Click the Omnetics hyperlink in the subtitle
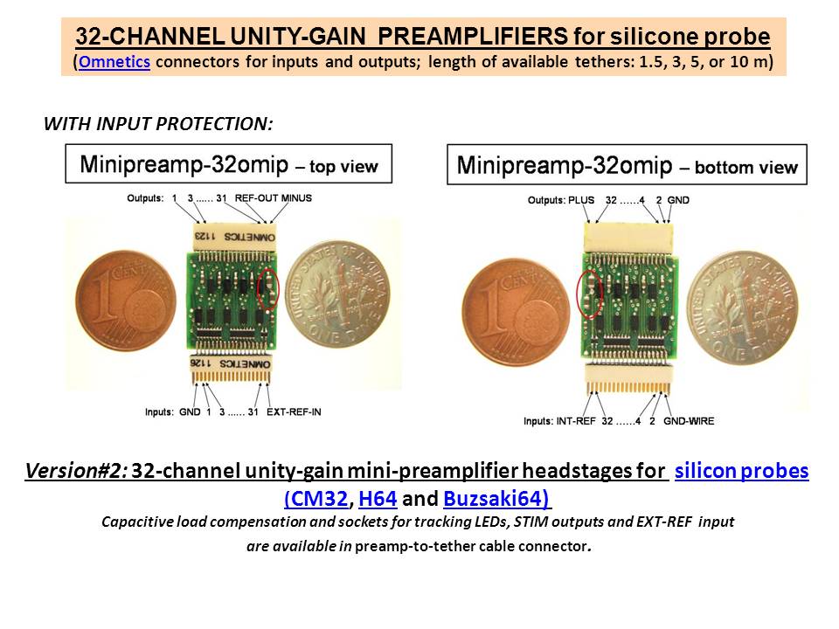(x=114, y=62)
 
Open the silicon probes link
(x=742, y=471)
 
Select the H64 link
(x=378, y=499)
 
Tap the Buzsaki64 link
(x=497, y=499)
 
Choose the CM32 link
(x=316, y=499)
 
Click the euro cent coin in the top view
(x=126, y=301)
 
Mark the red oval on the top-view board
(x=268, y=288)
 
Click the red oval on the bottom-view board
(x=590, y=294)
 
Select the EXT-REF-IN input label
(x=294, y=411)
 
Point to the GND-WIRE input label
(x=689, y=421)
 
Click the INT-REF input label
(x=576, y=421)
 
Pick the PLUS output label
(x=581, y=200)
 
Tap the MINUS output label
(x=296, y=198)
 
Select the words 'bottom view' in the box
(x=746, y=168)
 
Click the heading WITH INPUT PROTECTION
(x=158, y=123)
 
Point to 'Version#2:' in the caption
(x=76, y=471)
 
